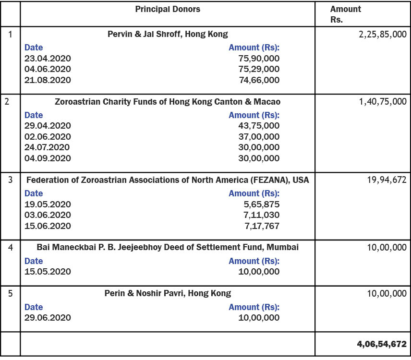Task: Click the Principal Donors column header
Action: (168, 10)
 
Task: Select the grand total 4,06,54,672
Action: (382, 344)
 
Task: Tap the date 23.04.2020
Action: (48, 58)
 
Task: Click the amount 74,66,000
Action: (259, 80)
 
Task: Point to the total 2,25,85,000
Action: (382, 35)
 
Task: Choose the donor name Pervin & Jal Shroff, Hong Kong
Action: (168, 34)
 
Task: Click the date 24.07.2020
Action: (47, 147)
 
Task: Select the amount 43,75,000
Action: (259, 126)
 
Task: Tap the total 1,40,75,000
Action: (383, 102)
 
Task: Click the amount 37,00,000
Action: (259, 136)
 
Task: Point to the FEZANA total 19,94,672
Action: (387, 180)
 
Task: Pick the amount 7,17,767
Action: (262, 226)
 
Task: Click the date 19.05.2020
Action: (48, 204)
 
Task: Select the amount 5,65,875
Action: (262, 204)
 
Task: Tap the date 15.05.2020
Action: (48, 272)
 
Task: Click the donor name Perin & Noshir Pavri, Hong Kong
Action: (168, 293)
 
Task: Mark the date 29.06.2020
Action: (48, 318)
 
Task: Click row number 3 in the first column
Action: (10, 180)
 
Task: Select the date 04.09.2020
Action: (48, 158)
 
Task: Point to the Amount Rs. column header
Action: (346, 14)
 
